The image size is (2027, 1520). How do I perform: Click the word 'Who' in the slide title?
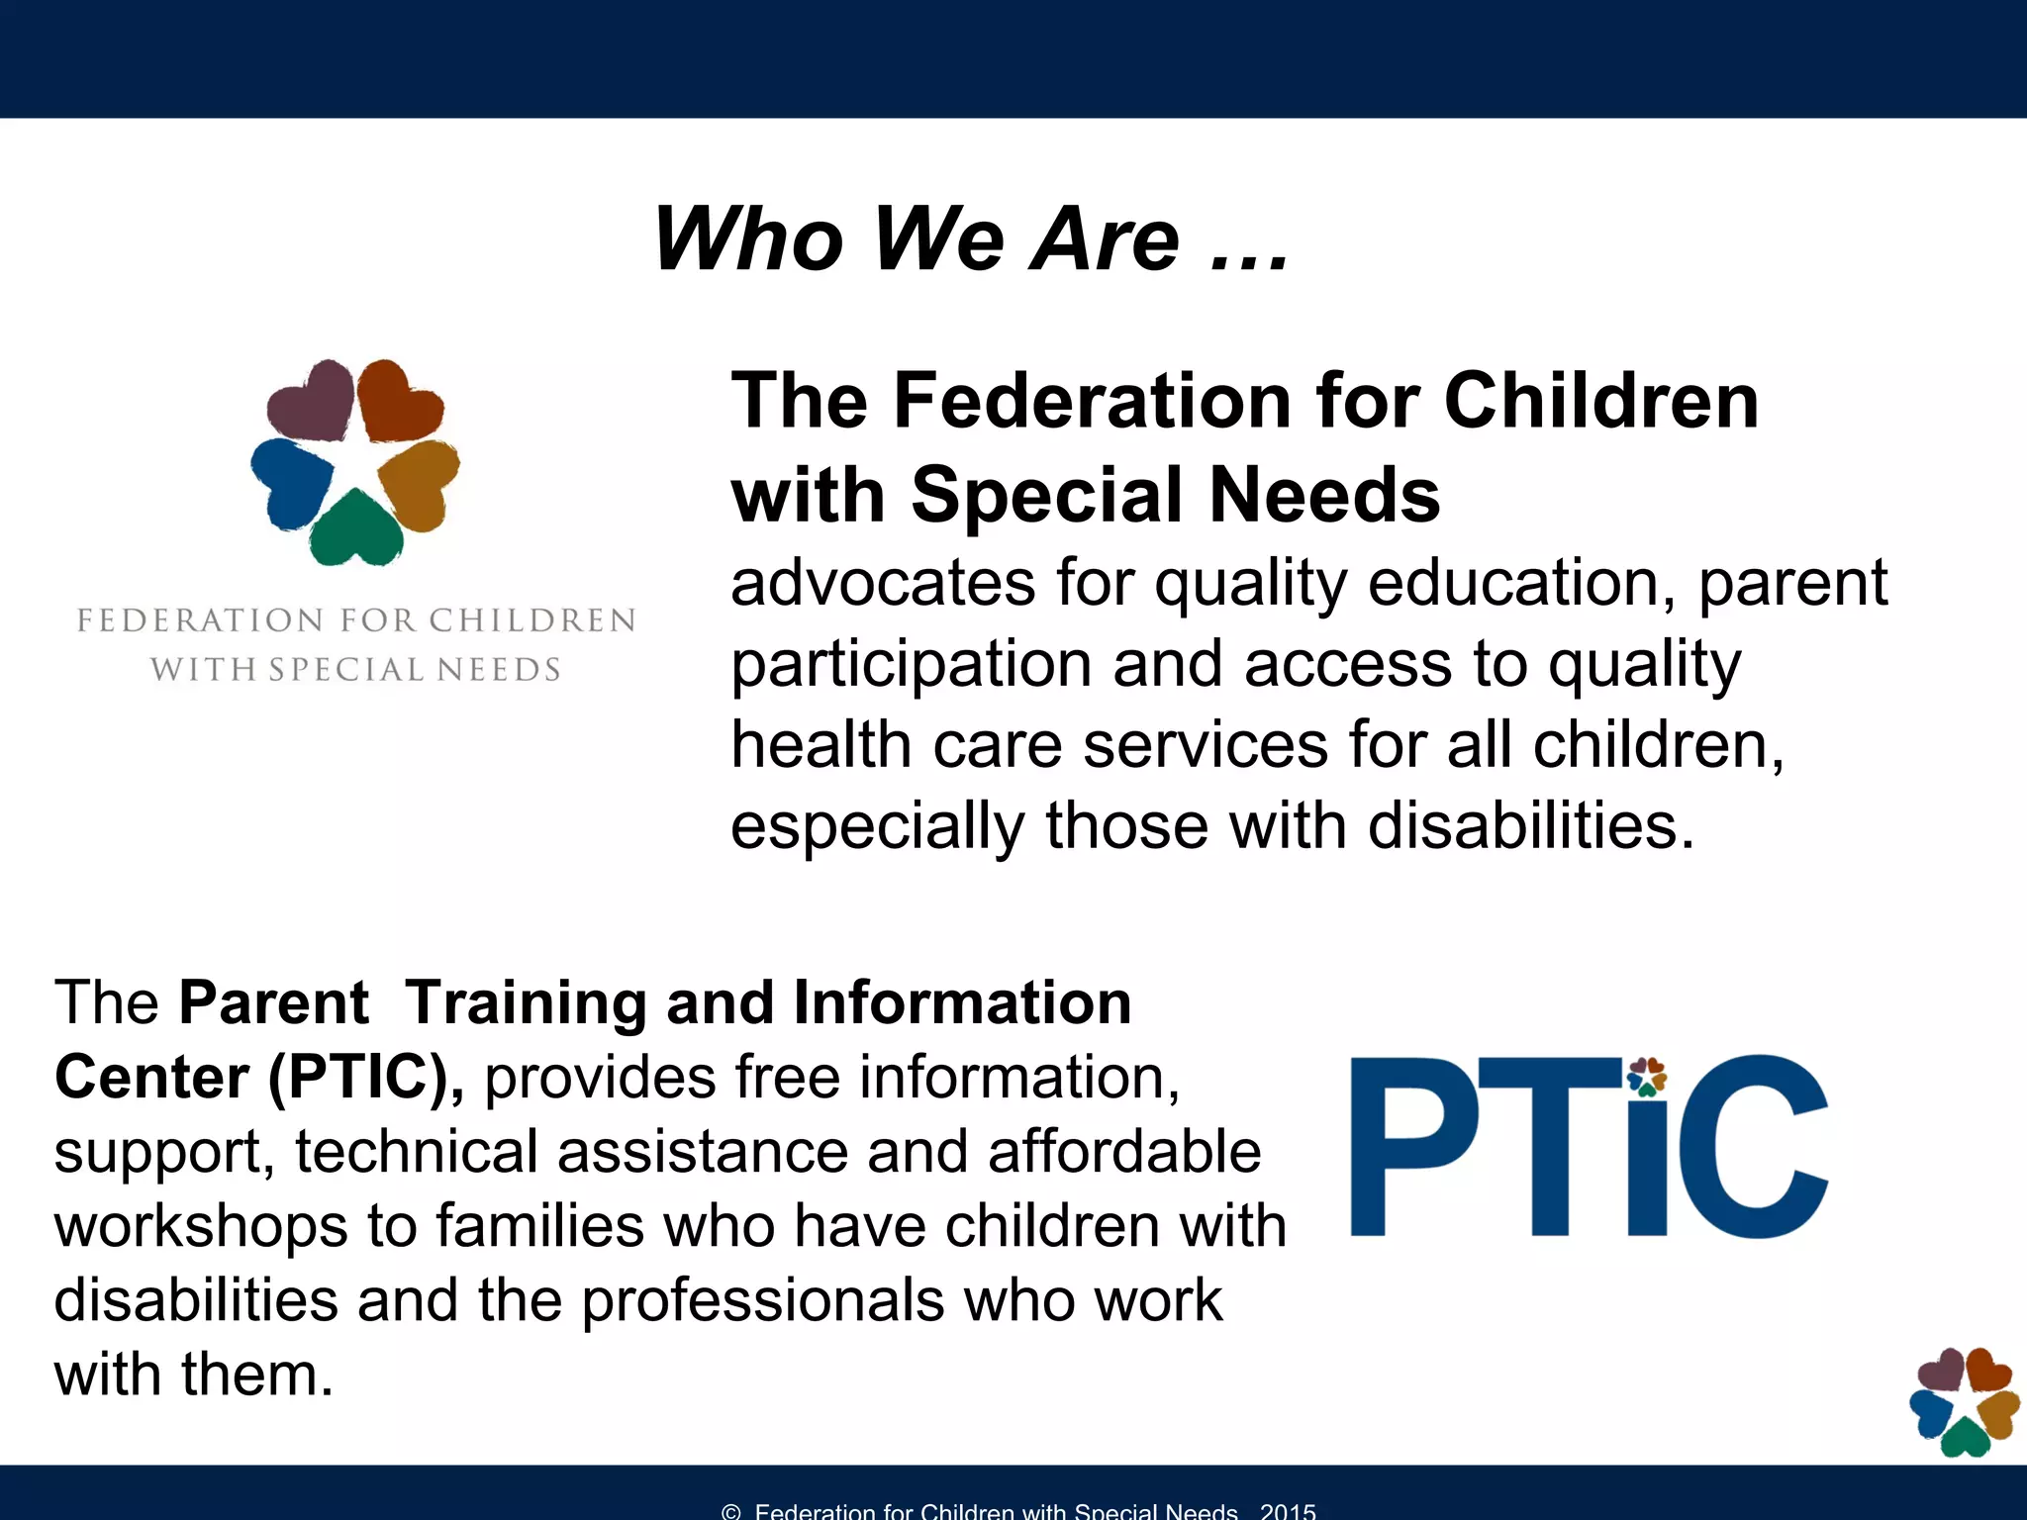tap(749, 239)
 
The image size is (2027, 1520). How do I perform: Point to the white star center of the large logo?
tap(353, 464)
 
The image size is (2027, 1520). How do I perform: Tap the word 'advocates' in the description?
tap(882, 583)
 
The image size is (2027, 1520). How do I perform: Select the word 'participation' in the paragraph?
tap(911, 664)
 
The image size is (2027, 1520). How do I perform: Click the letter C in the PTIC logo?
tap(1752, 1148)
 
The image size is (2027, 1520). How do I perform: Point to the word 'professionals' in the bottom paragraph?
tap(762, 1300)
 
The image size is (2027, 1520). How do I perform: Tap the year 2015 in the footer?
tap(1288, 1511)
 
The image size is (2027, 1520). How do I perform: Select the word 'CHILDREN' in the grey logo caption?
tap(532, 620)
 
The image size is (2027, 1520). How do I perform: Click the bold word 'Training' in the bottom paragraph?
tap(526, 1002)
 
